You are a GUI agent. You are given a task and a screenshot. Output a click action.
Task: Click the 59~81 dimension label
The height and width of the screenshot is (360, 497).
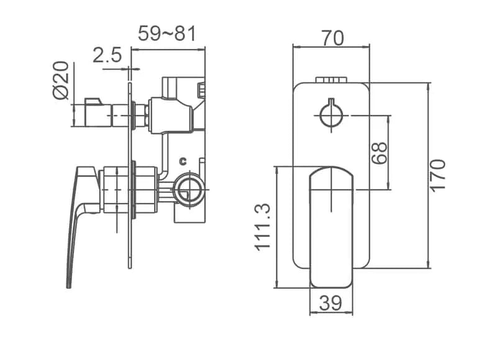point(167,34)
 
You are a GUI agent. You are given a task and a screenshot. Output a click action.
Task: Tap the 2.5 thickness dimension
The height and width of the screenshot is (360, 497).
point(107,55)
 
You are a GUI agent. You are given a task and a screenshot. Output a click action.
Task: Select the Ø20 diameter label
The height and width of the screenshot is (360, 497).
point(60,80)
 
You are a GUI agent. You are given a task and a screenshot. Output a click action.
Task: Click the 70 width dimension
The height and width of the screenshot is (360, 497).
point(332,38)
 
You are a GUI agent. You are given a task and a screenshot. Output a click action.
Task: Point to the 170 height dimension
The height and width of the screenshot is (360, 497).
point(438,175)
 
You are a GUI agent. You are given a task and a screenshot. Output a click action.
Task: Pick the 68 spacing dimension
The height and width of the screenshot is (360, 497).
point(380,153)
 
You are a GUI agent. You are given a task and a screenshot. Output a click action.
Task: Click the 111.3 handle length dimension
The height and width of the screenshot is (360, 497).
point(262,227)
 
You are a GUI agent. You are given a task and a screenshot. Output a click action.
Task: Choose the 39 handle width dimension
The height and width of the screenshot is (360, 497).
point(331,303)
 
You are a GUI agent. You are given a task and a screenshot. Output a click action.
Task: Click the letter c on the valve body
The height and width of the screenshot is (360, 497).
point(183,161)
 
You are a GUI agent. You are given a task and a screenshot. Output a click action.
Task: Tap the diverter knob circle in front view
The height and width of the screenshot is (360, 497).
point(331,115)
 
